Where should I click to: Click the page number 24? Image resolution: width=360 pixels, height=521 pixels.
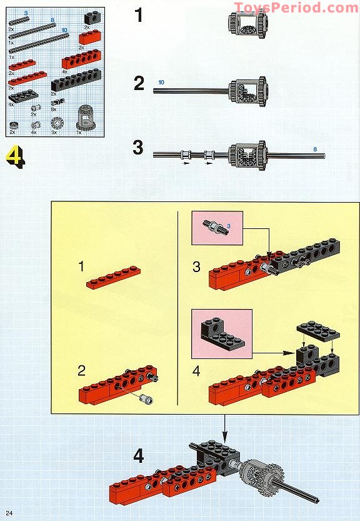coord(9,513)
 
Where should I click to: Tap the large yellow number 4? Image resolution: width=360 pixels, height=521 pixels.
coord(16,156)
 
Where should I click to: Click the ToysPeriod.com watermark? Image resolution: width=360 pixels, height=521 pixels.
coord(296,8)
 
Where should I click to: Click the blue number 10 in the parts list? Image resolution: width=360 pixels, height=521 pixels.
coord(64,29)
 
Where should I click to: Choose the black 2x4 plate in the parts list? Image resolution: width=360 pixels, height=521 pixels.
coord(23,96)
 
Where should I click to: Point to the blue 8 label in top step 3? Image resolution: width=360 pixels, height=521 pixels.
coord(314,148)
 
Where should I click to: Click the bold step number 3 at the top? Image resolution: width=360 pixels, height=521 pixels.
coord(138,149)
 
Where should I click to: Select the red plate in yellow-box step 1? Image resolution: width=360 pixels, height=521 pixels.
coord(113,278)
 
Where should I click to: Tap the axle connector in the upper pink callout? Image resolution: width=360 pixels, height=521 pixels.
coord(216,226)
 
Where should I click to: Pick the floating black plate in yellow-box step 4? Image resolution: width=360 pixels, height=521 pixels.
coord(317,332)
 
